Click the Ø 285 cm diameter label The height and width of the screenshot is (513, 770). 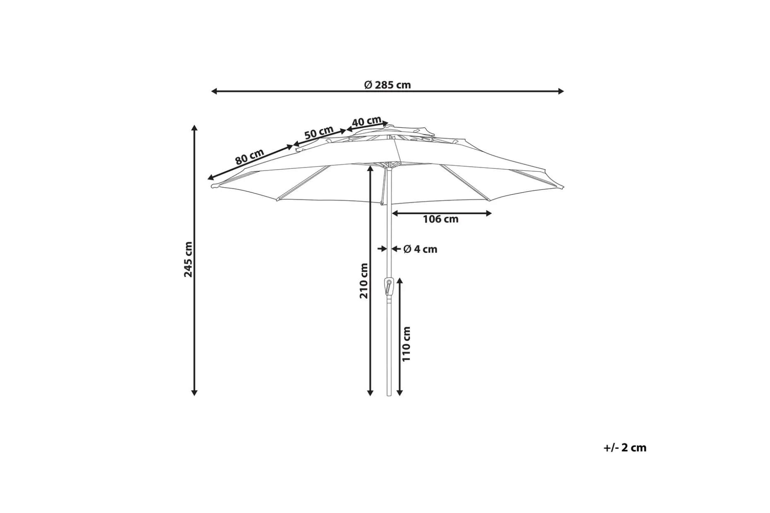click(x=387, y=85)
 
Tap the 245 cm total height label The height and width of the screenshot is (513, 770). click(x=188, y=259)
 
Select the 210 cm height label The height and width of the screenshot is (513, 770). click(x=363, y=281)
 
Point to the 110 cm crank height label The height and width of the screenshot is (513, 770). click(x=407, y=344)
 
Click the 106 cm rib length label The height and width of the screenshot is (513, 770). click(x=440, y=219)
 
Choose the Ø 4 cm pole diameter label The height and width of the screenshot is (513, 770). click(x=420, y=249)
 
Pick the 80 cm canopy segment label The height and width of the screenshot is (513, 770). click(x=250, y=157)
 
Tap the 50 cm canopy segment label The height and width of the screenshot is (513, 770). click(x=319, y=132)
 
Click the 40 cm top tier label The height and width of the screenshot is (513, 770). click(x=367, y=122)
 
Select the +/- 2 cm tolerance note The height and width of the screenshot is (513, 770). click(x=625, y=448)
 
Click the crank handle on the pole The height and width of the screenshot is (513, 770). click(x=388, y=286)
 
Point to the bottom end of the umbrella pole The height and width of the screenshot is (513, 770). click(x=389, y=395)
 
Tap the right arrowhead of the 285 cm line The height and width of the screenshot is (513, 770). click(x=561, y=91)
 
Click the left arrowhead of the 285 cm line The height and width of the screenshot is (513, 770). click(x=214, y=91)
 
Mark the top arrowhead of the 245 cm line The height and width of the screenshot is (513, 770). click(x=194, y=128)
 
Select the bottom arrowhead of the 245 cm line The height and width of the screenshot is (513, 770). click(x=194, y=393)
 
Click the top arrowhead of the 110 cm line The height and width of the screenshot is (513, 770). click(x=399, y=281)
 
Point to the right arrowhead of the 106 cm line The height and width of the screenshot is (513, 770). click(x=488, y=213)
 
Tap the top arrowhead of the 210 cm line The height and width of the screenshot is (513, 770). click(x=371, y=168)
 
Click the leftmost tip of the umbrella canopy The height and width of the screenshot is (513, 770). click(x=212, y=187)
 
